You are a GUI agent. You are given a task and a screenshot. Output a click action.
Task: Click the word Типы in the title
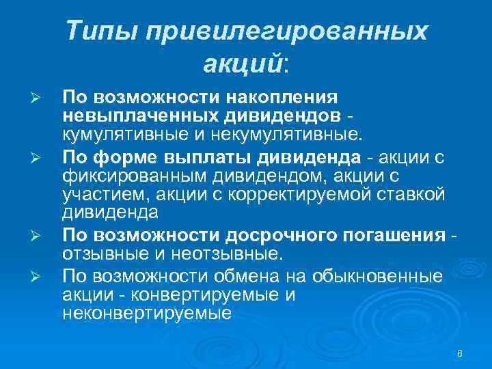click(102, 31)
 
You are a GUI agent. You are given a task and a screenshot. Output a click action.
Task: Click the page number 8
click(460, 353)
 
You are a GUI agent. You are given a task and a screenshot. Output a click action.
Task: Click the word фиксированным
click(133, 178)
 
